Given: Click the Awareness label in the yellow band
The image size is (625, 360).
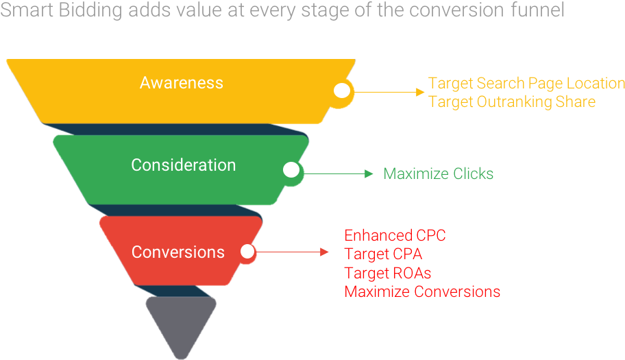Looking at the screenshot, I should pos(182,83).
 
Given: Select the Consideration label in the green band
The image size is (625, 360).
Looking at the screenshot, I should pos(183,165).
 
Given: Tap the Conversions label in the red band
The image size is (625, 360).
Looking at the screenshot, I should pos(178,252).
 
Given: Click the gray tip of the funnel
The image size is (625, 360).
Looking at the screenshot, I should pos(181,323).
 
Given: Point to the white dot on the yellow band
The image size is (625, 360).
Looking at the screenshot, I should pos(341,91).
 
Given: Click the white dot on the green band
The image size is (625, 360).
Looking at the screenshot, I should pos(291,170).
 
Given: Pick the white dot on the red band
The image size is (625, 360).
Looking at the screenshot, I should pos(247,252).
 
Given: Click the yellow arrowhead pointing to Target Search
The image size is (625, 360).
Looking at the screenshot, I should pos(421,91).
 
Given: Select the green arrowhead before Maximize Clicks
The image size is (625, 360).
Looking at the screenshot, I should pos(369,173).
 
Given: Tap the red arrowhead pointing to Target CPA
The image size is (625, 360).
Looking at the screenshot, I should pos(325,252).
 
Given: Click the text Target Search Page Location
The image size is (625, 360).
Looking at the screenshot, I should pos(526,83).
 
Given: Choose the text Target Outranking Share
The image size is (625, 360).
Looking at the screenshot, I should pos(512,101).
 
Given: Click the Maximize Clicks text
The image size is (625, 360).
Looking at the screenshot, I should pos(438,173).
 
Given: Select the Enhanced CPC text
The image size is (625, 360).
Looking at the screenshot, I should pos(395,235).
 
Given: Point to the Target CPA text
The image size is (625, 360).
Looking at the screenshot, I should pos(383,254).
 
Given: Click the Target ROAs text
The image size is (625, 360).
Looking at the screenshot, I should pos(388,273).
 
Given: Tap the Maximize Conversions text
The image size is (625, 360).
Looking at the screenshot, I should pos(422,291).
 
